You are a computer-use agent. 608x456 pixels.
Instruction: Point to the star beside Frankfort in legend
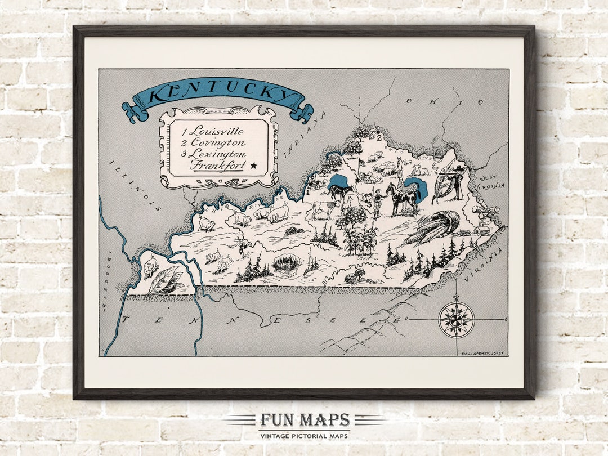click(253, 166)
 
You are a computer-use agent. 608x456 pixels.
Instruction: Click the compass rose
click(456, 320)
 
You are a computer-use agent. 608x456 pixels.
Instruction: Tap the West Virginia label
click(491, 181)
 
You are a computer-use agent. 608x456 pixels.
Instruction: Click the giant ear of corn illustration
click(431, 227)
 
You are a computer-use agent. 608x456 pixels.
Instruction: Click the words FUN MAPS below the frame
click(305, 420)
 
